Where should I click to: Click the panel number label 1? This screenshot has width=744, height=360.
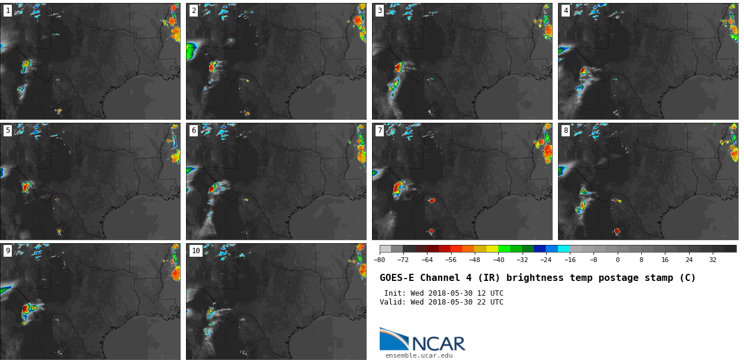(8, 11)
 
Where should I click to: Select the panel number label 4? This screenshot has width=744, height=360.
(566, 11)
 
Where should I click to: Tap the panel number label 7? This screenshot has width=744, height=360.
(380, 130)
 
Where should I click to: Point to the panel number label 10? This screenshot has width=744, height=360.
(195, 251)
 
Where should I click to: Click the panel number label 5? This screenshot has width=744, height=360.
(8, 130)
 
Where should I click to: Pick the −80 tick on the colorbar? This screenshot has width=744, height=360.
(380, 260)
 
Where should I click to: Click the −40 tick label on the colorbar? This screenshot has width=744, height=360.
(498, 260)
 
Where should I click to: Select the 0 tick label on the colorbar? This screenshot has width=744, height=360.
(618, 260)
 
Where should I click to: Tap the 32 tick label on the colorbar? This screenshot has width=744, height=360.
(713, 260)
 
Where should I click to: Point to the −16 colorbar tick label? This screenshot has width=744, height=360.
(570, 260)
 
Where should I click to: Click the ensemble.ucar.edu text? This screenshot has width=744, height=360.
(419, 355)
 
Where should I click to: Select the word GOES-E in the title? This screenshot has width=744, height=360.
(397, 278)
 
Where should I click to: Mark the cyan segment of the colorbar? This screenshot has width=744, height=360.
(564, 249)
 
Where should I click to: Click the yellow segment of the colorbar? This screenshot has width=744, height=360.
(492, 249)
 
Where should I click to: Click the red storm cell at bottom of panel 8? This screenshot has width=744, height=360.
(616, 231)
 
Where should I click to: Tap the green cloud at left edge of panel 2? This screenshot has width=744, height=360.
(191, 51)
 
